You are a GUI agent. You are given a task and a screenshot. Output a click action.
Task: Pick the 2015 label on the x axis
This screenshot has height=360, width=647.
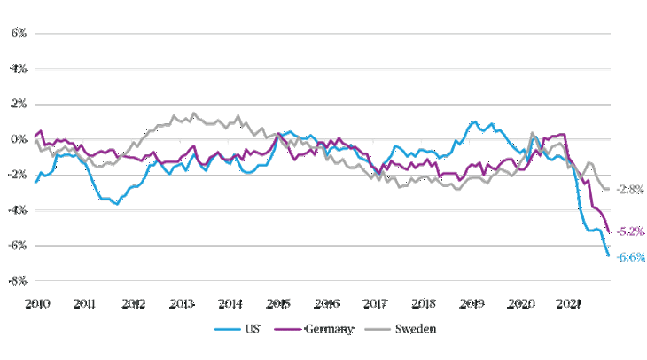pyautogui.click(x=279, y=303)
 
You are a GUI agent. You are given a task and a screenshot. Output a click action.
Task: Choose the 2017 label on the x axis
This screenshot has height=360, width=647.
pyautogui.click(x=376, y=303)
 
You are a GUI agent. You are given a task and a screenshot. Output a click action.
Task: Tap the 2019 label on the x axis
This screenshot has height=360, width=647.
pyautogui.click(x=473, y=303)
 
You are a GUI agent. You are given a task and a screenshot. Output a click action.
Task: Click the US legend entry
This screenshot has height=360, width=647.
pyautogui.click(x=244, y=330)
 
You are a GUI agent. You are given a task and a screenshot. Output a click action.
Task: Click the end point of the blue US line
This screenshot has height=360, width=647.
pyautogui.click(x=609, y=256)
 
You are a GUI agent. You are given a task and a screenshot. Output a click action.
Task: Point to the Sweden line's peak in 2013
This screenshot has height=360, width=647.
pyautogui.click(x=194, y=113)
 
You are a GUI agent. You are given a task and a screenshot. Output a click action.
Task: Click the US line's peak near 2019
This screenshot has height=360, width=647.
pyautogui.click(x=474, y=121)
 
